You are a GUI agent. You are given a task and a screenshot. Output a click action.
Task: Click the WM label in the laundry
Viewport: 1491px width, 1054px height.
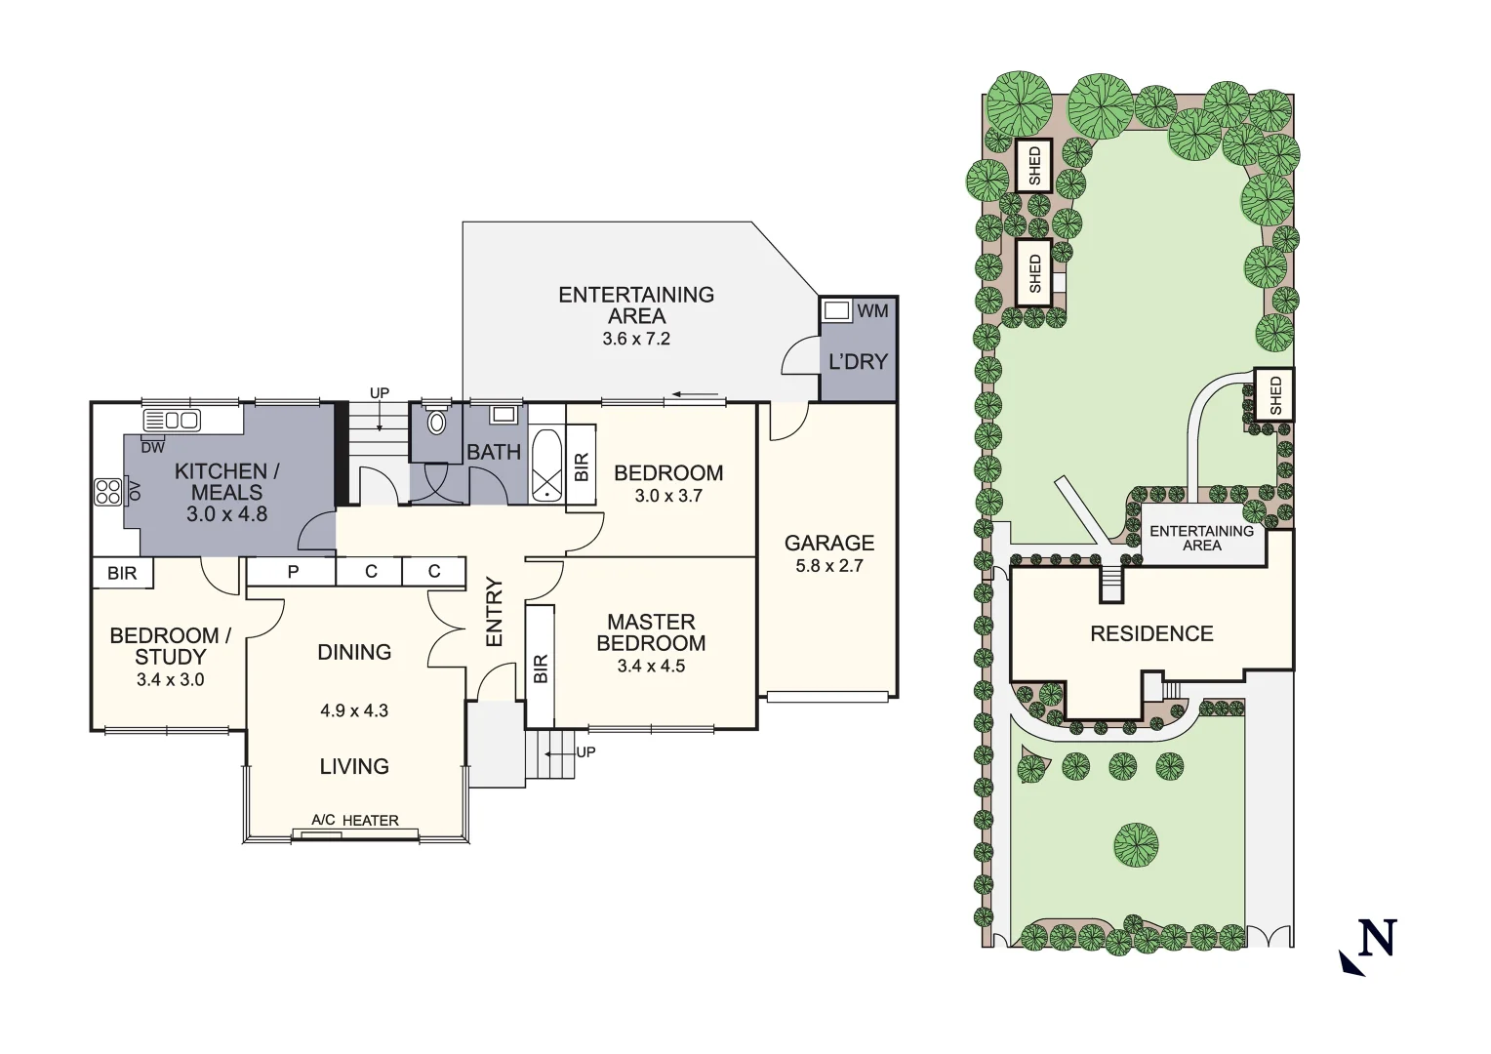[872, 310]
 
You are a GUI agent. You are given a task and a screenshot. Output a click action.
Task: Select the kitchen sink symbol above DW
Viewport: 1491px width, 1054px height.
[172, 421]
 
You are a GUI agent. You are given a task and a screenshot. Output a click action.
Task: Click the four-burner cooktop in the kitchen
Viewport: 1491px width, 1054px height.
[107, 491]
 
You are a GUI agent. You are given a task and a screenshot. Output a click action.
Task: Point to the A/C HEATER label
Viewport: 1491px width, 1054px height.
[355, 821]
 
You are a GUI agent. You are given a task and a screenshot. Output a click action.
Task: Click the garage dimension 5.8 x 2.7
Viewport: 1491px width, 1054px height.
[829, 565]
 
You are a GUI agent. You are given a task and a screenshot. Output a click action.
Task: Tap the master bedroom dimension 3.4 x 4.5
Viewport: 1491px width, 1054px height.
[651, 667]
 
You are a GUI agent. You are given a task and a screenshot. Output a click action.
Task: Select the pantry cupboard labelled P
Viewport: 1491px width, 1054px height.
[292, 572]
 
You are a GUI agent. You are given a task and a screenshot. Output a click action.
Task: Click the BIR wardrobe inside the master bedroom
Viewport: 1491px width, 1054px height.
[541, 667]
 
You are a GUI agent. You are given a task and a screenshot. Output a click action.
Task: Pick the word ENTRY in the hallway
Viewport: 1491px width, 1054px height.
[494, 612]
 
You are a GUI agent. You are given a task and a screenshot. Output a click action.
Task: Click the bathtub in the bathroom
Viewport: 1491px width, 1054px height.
[546, 466]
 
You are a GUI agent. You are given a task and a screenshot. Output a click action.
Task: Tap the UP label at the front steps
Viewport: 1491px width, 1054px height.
[585, 752]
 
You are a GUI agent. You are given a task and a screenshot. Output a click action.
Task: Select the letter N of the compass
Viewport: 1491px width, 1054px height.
[1377, 939]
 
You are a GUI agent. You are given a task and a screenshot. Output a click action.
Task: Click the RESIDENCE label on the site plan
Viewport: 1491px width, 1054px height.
[1151, 634]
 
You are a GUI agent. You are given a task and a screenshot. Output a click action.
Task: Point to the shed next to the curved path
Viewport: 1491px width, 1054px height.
[1273, 394]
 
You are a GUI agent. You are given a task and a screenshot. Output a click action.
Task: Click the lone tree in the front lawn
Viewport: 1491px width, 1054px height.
[1136, 846]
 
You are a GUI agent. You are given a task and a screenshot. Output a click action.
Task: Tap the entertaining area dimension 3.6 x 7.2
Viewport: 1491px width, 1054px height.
[636, 340]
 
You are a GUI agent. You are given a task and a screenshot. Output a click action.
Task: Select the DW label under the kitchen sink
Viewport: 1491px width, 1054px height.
[152, 448]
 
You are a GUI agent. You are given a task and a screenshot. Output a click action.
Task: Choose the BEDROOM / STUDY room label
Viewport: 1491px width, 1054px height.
[170, 646]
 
